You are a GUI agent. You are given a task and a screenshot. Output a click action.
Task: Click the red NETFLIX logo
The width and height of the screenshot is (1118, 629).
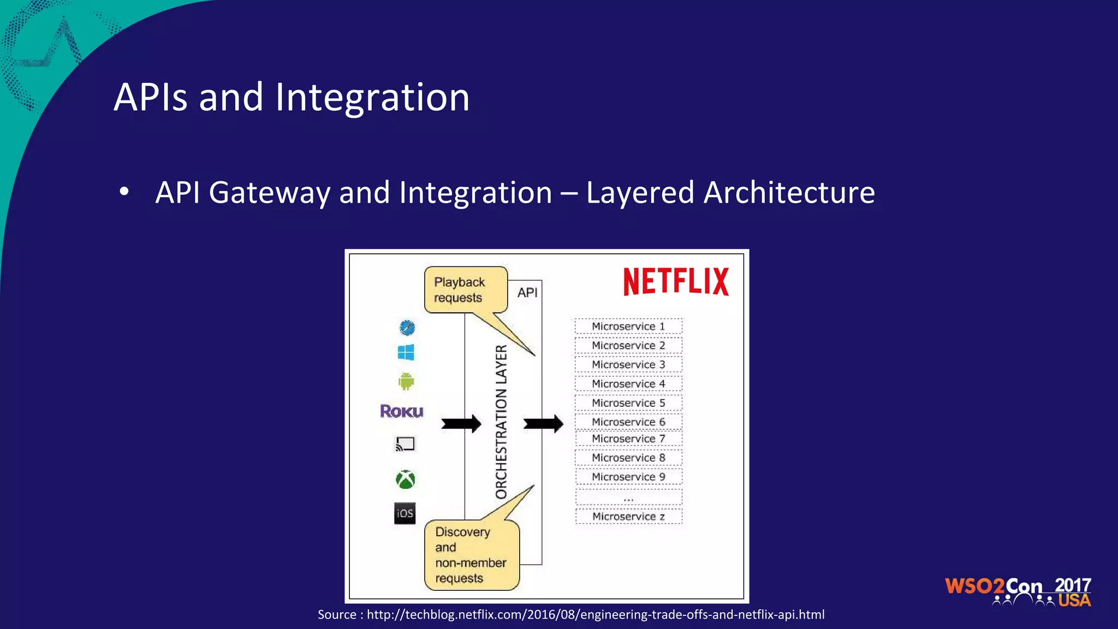click(x=676, y=282)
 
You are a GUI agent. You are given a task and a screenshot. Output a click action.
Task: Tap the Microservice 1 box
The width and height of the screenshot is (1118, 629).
click(x=628, y=327)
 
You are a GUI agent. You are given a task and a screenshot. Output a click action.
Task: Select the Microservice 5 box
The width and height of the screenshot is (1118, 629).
click(x=628, y=403)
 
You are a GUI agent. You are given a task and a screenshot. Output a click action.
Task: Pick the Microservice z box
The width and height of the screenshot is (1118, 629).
click(x=628, y=517)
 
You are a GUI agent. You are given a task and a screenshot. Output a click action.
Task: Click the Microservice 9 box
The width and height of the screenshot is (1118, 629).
click(x=628, y=477)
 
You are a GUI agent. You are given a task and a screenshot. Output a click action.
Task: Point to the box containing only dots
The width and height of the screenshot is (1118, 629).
click(x=628, y=497)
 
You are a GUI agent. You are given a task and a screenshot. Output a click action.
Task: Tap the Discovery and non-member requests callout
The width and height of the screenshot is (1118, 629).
click(x=471, y=555)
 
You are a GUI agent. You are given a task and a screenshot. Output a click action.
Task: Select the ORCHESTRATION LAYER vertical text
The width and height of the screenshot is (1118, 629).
click(x=501, y=422)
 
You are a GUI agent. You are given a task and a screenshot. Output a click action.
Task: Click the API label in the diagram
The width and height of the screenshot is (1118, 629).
click(x=527, y=293)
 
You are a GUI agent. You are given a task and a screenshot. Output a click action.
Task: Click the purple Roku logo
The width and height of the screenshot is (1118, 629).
click(x=402, y=411)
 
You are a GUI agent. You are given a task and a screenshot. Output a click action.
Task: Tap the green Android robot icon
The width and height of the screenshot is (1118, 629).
click(x=406, y=381)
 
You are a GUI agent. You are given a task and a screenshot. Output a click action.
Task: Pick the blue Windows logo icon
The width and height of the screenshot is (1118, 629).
click(x=406, y=353)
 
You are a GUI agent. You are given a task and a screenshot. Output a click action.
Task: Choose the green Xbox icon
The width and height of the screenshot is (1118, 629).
click(x=405, y=479)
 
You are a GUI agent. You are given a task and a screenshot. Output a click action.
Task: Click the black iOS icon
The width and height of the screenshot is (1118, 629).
click(x=405, y=513)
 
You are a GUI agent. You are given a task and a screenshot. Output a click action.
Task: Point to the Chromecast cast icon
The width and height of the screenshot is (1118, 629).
click(x=405, y=444)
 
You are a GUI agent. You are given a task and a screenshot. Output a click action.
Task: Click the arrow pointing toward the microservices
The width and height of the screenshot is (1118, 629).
click(x=543, y=424)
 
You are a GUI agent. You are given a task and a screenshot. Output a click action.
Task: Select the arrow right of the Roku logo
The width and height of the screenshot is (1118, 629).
click(x=461, y=424)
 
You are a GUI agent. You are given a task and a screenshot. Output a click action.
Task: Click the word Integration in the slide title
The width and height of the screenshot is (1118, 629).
click(x=372, y=97)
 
